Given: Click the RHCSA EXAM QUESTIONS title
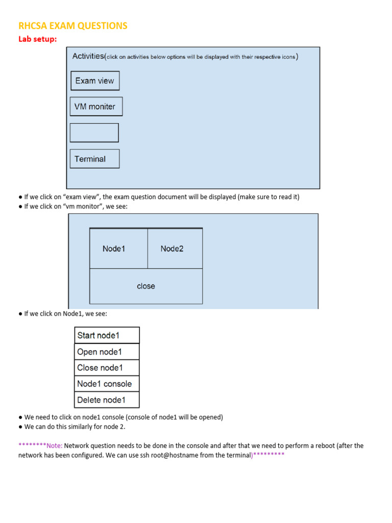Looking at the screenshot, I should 73,26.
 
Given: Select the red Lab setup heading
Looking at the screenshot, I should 38,39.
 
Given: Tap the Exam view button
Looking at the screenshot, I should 95,81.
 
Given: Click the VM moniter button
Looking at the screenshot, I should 96,107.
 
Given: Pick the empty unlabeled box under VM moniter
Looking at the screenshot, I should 94,133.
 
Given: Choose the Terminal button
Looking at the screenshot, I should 94,159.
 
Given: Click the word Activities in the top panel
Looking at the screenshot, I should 88,56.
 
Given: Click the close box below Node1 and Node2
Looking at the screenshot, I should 146,286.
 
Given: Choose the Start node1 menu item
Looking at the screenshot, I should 107,336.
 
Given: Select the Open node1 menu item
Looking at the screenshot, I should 107,351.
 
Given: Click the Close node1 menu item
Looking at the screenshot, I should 107,368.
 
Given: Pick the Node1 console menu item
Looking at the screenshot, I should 107,384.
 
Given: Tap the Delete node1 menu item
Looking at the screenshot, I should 107,400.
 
